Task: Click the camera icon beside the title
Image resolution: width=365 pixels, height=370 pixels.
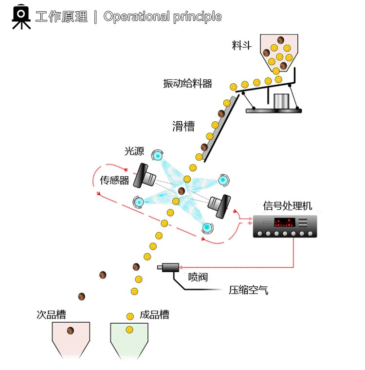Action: tap(21, 17)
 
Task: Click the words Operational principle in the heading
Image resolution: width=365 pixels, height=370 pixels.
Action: tap(163, 17)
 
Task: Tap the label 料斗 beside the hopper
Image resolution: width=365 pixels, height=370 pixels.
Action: tap(241, 45)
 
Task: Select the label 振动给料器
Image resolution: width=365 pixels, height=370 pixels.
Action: tap(187, 84)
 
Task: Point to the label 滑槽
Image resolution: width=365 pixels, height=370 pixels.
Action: tap(183, 126)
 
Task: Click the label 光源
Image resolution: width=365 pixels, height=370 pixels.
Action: tap(134, 151)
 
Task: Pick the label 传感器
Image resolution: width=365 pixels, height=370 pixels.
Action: tap(115, 180)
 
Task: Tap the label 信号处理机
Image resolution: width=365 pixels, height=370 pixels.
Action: tap(288, 206)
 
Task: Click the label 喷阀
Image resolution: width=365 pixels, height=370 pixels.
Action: tap(198, 277)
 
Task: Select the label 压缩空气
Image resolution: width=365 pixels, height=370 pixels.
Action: tap(249, 290)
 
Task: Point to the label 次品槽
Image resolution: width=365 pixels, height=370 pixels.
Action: tap(51, 314)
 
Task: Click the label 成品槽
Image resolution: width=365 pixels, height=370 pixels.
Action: tap(155, 314)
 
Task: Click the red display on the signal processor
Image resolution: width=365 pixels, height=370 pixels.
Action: tap(284, 222)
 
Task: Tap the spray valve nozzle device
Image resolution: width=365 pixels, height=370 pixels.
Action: tap(168, 267)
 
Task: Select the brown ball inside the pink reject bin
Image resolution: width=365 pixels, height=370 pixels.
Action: tap(70, 331)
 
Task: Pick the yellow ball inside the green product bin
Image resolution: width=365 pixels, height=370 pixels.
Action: tap(129, 330)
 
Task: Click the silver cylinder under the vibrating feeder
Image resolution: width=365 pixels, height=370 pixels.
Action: tap(281, 101)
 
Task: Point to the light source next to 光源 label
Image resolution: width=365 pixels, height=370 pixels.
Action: tap(157, 155)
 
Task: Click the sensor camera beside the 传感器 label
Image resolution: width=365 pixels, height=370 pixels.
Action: tap(145, 176)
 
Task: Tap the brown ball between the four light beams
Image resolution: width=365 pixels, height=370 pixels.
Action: tap(181, 191)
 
